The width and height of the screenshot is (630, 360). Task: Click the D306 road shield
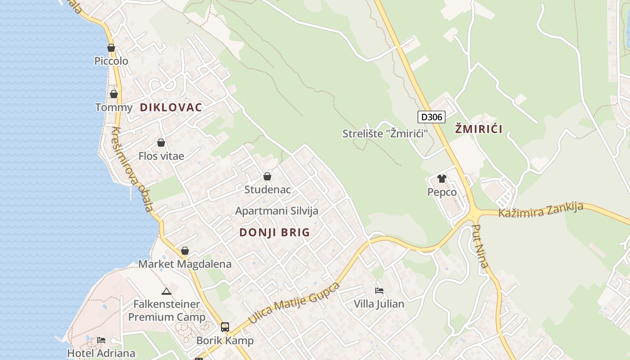(x=431, y=117)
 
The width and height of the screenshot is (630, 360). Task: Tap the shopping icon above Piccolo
(x=111, y=48)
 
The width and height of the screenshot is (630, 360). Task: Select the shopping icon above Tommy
(x=114, y=94)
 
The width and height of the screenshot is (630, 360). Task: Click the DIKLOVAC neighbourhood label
(x=171, y=108)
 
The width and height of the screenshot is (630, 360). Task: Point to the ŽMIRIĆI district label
(x=478, y=129)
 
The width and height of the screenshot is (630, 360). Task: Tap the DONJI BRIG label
(x=274, y=233)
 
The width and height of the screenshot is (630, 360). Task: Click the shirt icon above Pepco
(x=441, y=179)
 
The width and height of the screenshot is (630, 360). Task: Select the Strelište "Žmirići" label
(x=384, y=134)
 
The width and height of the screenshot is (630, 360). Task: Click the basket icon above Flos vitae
(x=161, y=143)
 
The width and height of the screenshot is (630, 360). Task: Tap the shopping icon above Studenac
(x=267, y=176)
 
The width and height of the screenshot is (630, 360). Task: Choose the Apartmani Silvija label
(x=276, y=211)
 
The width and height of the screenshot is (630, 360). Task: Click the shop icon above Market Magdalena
(x=184, y=251)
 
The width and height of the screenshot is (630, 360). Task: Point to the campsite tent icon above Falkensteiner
(x=166, y=291)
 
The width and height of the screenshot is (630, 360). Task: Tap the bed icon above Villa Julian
(x=379, y=291)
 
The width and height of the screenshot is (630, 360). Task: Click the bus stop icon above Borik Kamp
(x=225, y=327)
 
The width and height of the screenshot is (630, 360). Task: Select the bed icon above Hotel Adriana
(x=101, y=340)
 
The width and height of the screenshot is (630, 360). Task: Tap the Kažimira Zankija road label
(x=540, y=210)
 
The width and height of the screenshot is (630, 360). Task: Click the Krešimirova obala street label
(x=133, y=170)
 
